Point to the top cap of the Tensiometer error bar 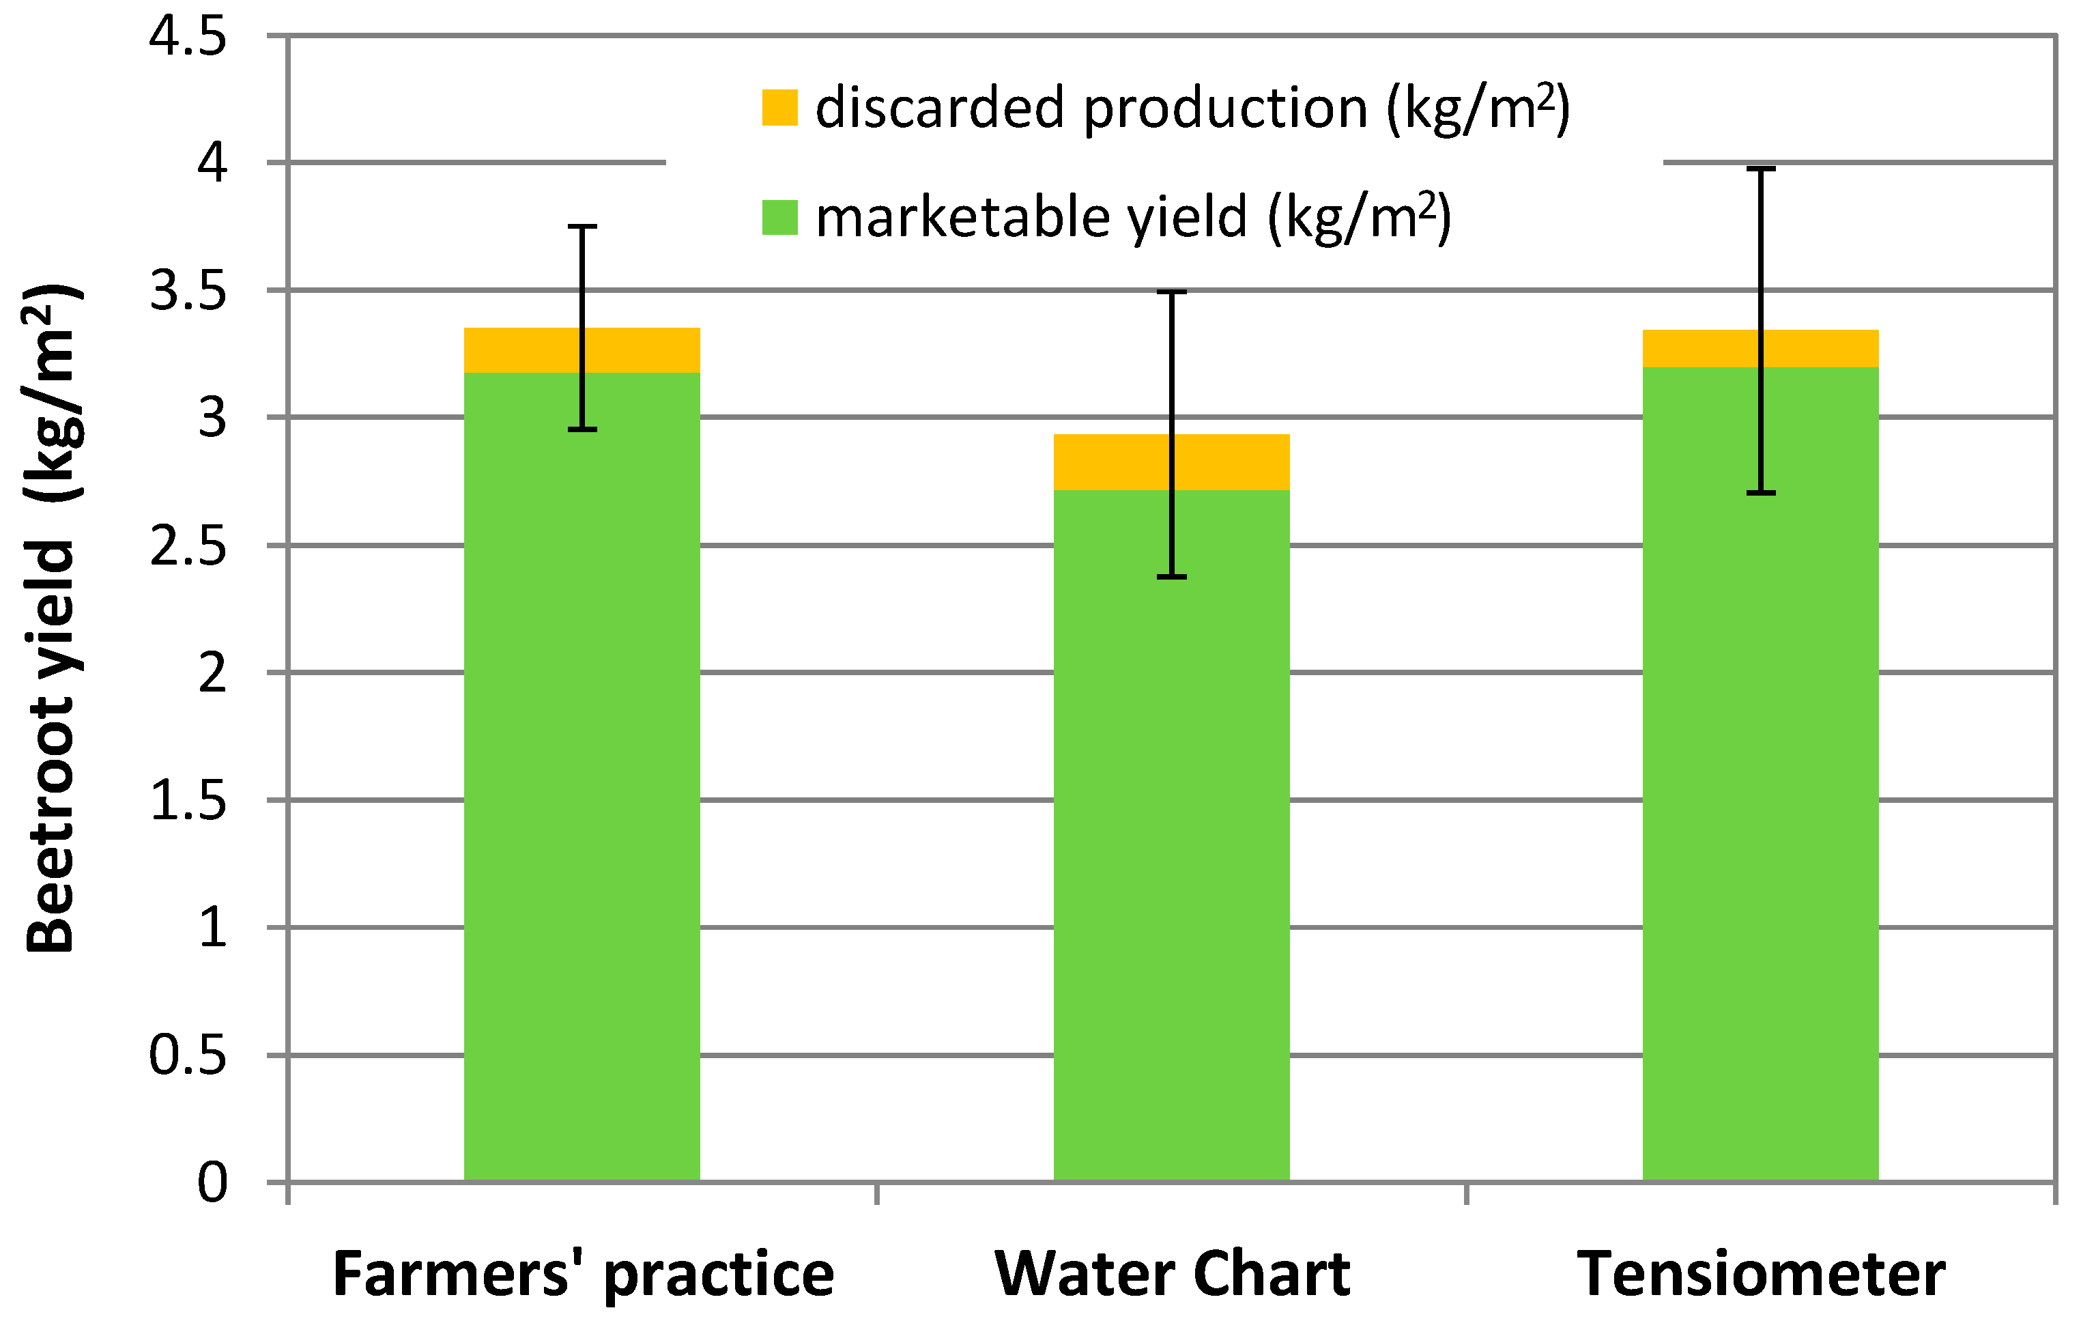[x=1760, y=169]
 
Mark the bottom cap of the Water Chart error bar [x=1171, y=577]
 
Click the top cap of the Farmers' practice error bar [x=582, y=227]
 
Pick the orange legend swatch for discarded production [x=779, y=107]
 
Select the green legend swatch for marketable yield [x=779, y=217]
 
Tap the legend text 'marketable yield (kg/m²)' [x=1132, y=217]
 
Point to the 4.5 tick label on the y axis [x=188, y=37]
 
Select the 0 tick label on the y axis [x=212, y=1182]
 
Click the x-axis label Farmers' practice [x=584, y=1275]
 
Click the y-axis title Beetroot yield [x=52, y=618]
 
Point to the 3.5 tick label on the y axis [x=188, y=292]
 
